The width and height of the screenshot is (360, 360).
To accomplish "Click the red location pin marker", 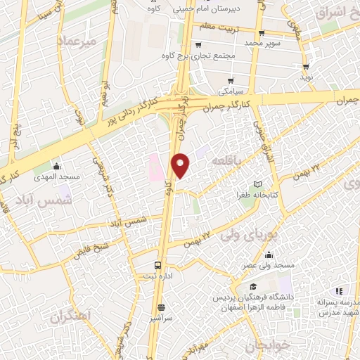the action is (x=181, y=165).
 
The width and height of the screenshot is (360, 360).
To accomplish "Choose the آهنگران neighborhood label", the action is (x=71, y=316).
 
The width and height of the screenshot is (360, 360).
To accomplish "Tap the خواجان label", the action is (x=265, y=347).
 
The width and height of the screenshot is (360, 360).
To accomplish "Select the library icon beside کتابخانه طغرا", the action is (x=266, y=184).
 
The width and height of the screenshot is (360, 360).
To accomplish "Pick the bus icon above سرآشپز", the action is (x=161, y=307).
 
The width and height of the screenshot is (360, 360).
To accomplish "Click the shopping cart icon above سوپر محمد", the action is (x=261, y=32).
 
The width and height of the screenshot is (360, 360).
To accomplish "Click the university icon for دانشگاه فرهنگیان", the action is (x=252, y=287).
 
